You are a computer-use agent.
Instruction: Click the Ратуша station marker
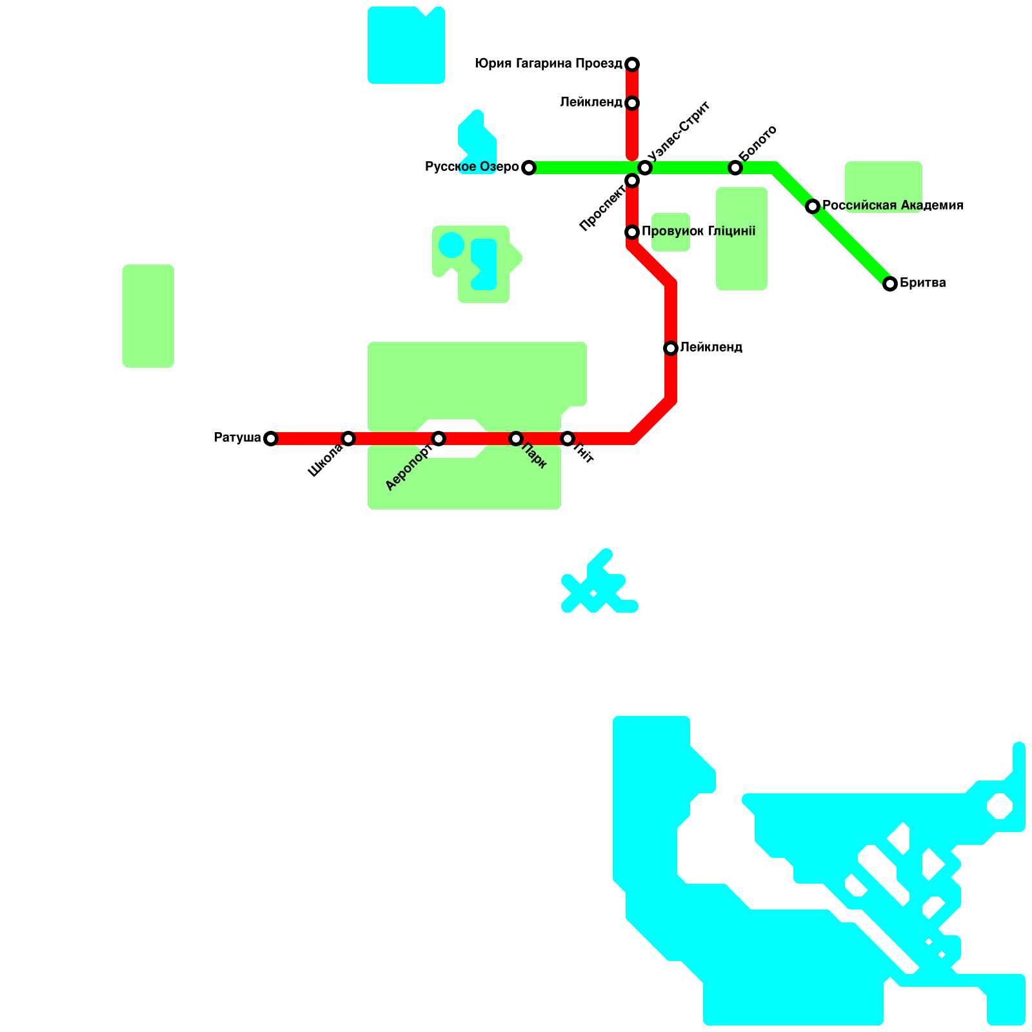(x=271, y=439)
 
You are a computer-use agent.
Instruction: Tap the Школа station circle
(x=348, y=439)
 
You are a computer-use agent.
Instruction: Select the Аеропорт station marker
(x=439, y=439)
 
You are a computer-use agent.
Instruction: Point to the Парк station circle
(x=516, y=439)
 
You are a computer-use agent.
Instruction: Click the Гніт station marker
(x=568, y=439)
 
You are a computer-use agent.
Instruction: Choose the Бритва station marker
(x=890, y=284)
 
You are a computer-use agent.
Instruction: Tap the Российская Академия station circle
(x=813, y=206)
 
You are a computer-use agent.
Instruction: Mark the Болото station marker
(x=735, y=168)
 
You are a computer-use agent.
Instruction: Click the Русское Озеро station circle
(x=529, y=168)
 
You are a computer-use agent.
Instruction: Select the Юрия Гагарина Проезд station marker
(x=632, y=64)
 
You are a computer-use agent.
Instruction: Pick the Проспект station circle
(x=632, y=181)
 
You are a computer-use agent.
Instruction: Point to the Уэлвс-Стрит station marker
(x=645, y=168)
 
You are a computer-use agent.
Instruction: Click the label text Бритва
(x=922, y=283)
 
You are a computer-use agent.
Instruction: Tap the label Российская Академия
(x=893, y=206)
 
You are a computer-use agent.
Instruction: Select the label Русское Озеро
(x=471, y=167)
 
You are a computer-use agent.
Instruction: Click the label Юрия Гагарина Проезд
(x=548, y=64)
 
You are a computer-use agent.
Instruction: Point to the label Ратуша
(x=237, y=438)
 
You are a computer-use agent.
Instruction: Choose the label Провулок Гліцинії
(x=699, y=232)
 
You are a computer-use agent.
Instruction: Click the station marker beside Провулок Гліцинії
(x=632, y=232)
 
